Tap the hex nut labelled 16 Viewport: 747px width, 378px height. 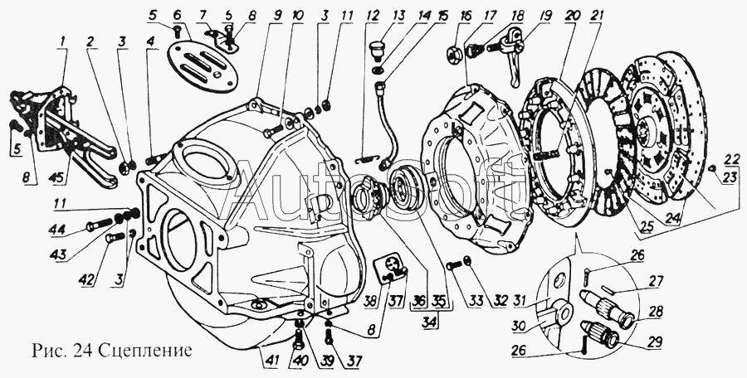(x=456, y=51)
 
